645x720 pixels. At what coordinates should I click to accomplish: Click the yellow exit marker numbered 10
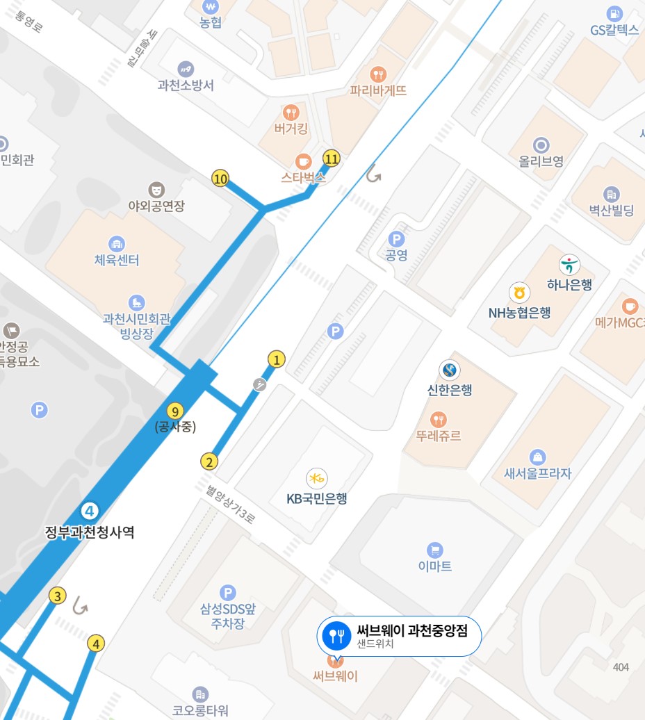220,179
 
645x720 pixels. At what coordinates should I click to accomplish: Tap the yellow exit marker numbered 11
332,158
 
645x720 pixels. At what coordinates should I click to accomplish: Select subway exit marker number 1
277,359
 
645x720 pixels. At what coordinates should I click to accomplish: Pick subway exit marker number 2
209,461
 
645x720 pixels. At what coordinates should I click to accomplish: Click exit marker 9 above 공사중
175,411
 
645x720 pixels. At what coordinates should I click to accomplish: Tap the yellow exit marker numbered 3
58,596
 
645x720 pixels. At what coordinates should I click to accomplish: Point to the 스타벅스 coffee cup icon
303,160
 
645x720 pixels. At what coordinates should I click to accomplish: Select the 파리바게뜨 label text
378,90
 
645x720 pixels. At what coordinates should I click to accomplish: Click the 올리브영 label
541,161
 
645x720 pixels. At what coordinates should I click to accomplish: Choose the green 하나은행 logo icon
569,265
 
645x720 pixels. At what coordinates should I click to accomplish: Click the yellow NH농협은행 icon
519,293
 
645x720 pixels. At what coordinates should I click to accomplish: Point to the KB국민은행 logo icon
317,478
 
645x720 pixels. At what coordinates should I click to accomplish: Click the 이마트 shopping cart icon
435,548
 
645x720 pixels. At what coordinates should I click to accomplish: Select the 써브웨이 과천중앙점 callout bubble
399,635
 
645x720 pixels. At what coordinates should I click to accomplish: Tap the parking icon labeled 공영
396,238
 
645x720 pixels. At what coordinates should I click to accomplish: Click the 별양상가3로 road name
230,504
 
